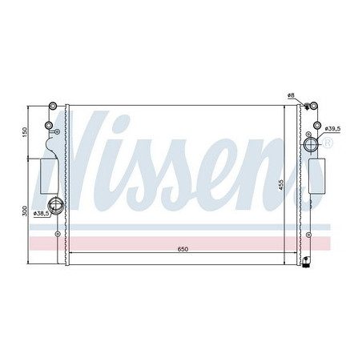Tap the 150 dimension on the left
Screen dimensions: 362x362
[x=25, y=131]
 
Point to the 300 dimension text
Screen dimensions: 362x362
[x=25, y=211]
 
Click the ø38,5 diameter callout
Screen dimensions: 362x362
[x=40, y=214]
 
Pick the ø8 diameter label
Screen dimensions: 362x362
[x=292, y=95]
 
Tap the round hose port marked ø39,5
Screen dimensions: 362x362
[x=310, y=144]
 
